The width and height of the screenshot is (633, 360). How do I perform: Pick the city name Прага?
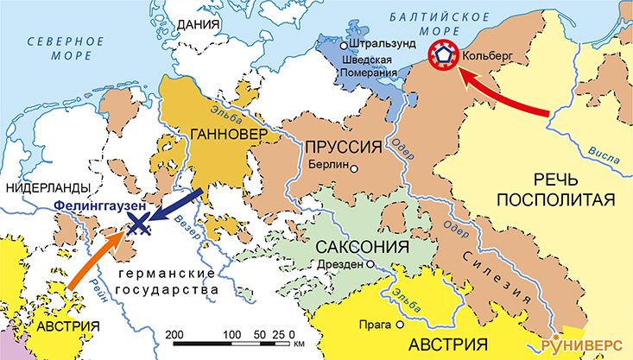[377, 325]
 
